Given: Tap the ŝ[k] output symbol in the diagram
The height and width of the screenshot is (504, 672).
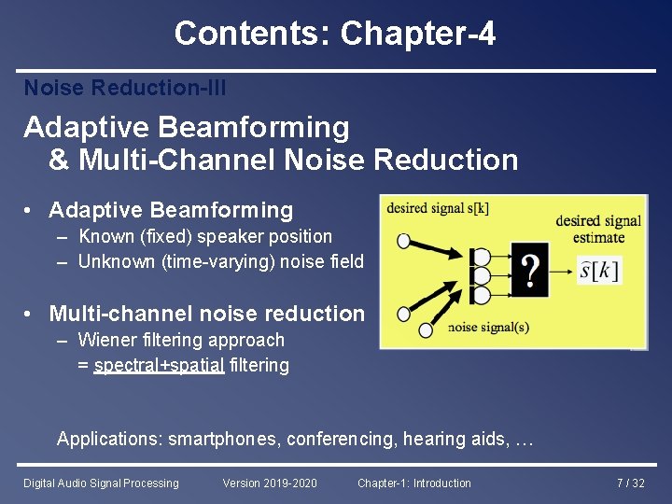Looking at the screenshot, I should point(599,272).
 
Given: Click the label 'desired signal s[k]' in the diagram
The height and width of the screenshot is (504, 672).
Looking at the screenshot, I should point(437,207).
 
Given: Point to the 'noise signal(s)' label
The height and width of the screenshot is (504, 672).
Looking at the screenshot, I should point(488,327).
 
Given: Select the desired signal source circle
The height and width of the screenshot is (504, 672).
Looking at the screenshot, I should point(403,241).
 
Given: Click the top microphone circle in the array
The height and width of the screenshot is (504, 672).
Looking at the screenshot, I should point(482,257).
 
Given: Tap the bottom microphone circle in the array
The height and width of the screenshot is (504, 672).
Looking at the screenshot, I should point(482,295).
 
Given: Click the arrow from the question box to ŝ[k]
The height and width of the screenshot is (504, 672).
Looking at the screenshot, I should point(562,272).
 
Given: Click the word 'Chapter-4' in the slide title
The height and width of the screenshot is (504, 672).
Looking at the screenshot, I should point(418,35).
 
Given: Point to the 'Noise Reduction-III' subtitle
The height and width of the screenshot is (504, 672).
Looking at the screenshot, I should point(125,88).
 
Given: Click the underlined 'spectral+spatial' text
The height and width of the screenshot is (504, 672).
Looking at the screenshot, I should point(159,365).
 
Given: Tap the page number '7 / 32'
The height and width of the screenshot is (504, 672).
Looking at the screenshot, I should point(630,483).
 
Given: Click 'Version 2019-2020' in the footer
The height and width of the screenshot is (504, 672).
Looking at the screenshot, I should point(270,483).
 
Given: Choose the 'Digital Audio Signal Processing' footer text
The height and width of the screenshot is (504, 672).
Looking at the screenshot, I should point(101,483).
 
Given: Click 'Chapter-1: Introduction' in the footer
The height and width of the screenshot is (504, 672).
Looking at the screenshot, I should point(413,483).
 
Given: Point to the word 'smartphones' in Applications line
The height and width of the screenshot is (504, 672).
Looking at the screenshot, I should point(224,439).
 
